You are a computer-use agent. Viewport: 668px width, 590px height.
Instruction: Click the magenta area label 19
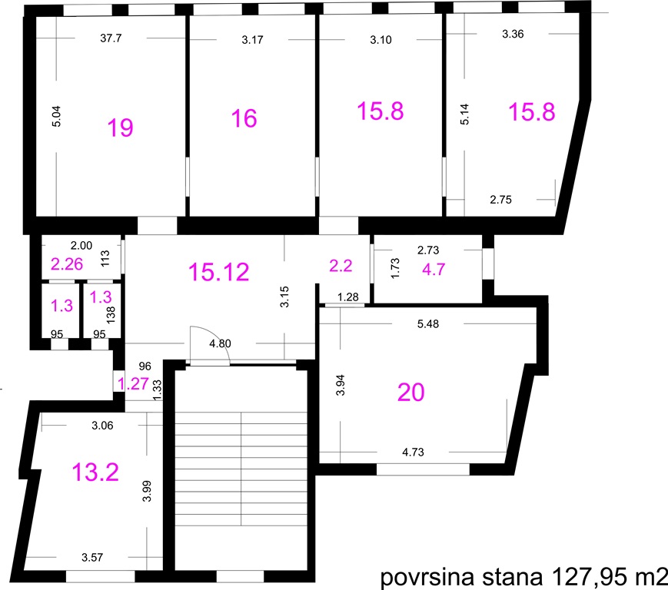click(120, 128)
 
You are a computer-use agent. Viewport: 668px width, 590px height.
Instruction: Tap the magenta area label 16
click(244, 118)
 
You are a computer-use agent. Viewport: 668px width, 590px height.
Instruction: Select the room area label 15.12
click(218, 272)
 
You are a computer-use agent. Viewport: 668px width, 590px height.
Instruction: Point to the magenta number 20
click(411, 392)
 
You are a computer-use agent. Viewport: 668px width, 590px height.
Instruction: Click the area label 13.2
click(95, 472)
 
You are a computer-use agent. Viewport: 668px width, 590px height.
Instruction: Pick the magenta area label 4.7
click(434, 270)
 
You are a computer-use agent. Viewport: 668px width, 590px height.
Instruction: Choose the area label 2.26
click(67, 264)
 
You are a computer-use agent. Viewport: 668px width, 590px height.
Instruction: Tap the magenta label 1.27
click(133, 384)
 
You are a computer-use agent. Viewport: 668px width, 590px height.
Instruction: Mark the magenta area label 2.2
click(341, 266)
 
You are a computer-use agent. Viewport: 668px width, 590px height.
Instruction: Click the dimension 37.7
click(111, 38)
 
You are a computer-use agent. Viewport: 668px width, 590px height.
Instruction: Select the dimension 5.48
click(427, 324)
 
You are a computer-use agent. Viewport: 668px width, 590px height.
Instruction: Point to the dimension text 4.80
click(221, 343)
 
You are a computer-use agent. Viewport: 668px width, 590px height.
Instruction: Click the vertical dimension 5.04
click(56, 116)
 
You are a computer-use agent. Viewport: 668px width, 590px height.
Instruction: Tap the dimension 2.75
click(500, 200)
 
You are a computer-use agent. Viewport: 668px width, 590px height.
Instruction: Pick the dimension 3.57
click(92, 557)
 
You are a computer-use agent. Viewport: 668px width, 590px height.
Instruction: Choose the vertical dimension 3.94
click(340, 385)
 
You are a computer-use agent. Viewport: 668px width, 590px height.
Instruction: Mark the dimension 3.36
click(513, 34)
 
